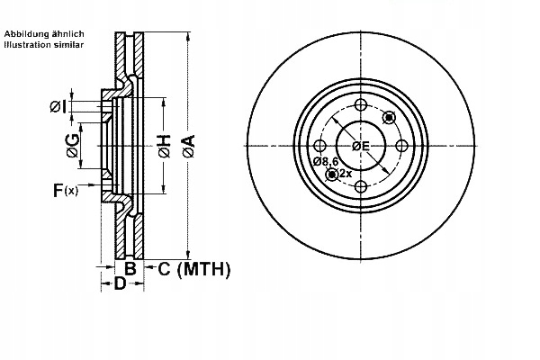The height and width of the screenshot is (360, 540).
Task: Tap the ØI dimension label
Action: tap(58, 108)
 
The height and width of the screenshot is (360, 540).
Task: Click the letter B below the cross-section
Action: tap(130, 268)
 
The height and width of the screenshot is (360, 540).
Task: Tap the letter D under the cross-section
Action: tap(119, 284)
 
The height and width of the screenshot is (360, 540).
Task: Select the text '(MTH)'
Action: tap(204, 268)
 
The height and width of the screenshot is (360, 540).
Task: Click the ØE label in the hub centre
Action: tap(361, 146)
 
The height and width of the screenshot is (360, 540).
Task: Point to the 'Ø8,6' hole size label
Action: tap(325, 161)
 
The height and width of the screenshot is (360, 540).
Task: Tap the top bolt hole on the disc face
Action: tap(361, 105)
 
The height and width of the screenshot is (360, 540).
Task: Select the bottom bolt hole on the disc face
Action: tap(361, 186)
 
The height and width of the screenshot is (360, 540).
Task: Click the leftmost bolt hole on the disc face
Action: tap(320, 146)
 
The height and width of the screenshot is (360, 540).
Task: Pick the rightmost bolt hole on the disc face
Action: tap(401, 146)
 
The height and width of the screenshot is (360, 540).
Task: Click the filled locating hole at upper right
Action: tap(389, 117)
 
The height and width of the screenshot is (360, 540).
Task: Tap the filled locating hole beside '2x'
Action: tap(332, 174)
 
